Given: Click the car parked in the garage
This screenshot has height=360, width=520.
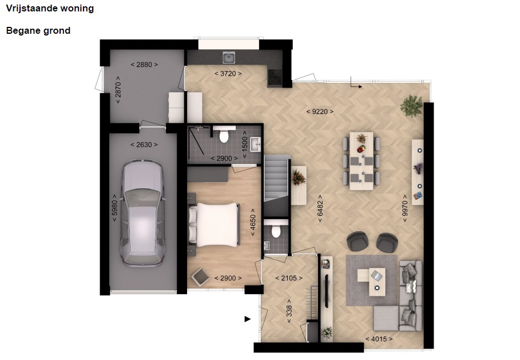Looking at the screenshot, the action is click(142, 213).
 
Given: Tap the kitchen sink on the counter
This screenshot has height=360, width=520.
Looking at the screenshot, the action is click(229, 57).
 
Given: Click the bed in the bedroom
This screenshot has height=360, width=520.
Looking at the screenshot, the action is click(214, 224).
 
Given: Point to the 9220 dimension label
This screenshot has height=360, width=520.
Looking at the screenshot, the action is click(320, 112).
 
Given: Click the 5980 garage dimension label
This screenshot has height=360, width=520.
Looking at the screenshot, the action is click(114, 208).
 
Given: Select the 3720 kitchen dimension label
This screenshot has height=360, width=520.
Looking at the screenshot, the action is click(228, 73).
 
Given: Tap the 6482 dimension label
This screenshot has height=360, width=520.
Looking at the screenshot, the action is click(320, 208).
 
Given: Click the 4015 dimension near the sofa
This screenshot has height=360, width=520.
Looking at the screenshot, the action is click(379, 339).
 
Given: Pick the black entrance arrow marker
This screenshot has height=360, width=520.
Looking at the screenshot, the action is click(247, 319).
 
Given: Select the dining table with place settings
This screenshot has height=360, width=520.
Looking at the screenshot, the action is click(361, 161).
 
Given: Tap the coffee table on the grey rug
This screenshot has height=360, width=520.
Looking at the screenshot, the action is click(371, 282).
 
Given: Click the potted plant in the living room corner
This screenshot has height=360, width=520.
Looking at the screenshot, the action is click(411, 106).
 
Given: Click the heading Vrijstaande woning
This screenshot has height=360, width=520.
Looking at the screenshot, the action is click(50, 8).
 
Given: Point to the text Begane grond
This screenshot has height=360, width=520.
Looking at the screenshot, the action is click(38, 30).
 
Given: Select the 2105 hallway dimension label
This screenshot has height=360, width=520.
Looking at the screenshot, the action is click(289, 278).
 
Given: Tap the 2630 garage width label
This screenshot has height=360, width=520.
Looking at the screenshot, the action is click(144, 145).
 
